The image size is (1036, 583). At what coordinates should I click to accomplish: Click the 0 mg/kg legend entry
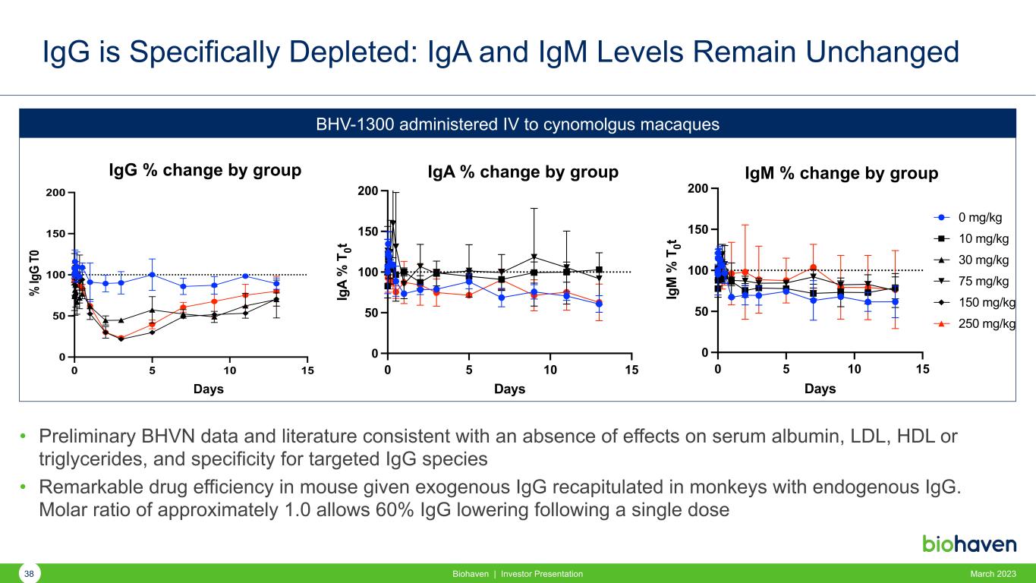pos(980,218)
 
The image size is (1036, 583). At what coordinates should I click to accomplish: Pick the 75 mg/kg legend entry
pos(983,282)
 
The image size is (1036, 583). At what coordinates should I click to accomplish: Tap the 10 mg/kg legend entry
pos(983,239)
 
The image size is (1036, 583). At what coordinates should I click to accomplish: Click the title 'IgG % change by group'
pos(206,171)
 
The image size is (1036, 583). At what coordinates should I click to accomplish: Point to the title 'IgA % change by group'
pos(523,172)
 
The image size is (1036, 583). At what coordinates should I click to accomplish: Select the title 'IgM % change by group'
pos(843,173)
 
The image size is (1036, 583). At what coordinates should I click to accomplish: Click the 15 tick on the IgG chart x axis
pos(307,370)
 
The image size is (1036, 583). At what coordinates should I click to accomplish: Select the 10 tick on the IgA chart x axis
pos(550,370)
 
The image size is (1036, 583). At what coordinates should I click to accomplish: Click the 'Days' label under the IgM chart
pos(820,389)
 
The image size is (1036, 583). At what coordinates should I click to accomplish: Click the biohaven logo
pos(968,544)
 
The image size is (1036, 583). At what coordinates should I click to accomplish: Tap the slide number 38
pos(30,574)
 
